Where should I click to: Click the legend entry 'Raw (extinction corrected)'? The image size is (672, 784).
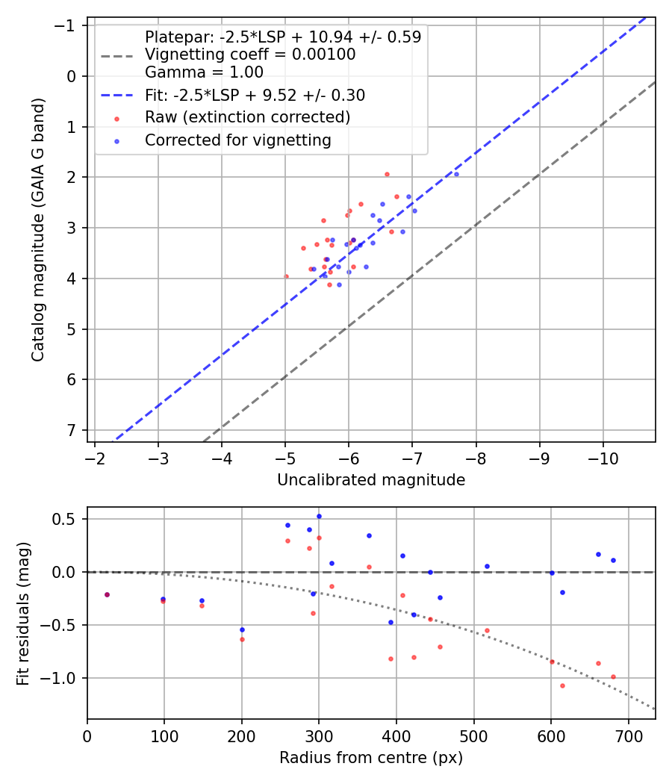[247, 117]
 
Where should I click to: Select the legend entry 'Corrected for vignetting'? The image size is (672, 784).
[238, 140]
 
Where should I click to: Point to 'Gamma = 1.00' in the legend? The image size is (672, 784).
[204, 72]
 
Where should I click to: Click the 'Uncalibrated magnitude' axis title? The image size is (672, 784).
[371, 480]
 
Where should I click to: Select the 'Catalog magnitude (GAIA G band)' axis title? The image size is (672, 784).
[38, 229]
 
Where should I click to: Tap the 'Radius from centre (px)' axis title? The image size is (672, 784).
[371, 758]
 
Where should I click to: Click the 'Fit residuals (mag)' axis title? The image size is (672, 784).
[23, 614]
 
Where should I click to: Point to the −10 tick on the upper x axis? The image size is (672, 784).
[603, 458]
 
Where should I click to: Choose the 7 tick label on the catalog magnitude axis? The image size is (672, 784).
[71, 431]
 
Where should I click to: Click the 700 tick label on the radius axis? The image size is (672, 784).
[629, 736]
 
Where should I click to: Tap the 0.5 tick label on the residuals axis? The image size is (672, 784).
[63, 519]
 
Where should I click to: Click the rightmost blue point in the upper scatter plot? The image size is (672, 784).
[456, 174]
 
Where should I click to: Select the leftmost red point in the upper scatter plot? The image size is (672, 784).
[287, 276]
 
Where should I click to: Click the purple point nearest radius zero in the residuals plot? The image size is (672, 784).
[107, 594]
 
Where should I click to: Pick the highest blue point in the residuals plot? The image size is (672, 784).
[319, 516]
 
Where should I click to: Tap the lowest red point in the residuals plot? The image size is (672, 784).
[562, 685]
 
